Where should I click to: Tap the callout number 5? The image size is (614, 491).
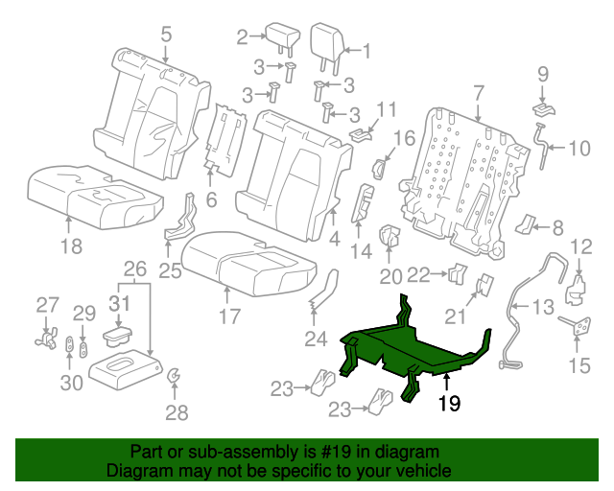[166, 35]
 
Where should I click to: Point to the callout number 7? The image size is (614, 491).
[477, 93]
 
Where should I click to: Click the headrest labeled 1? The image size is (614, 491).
[326, 43]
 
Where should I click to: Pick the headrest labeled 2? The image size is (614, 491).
[285, 39]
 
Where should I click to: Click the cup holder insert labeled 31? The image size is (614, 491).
[119, 337]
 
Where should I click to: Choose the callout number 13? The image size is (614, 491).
[543, 307]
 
